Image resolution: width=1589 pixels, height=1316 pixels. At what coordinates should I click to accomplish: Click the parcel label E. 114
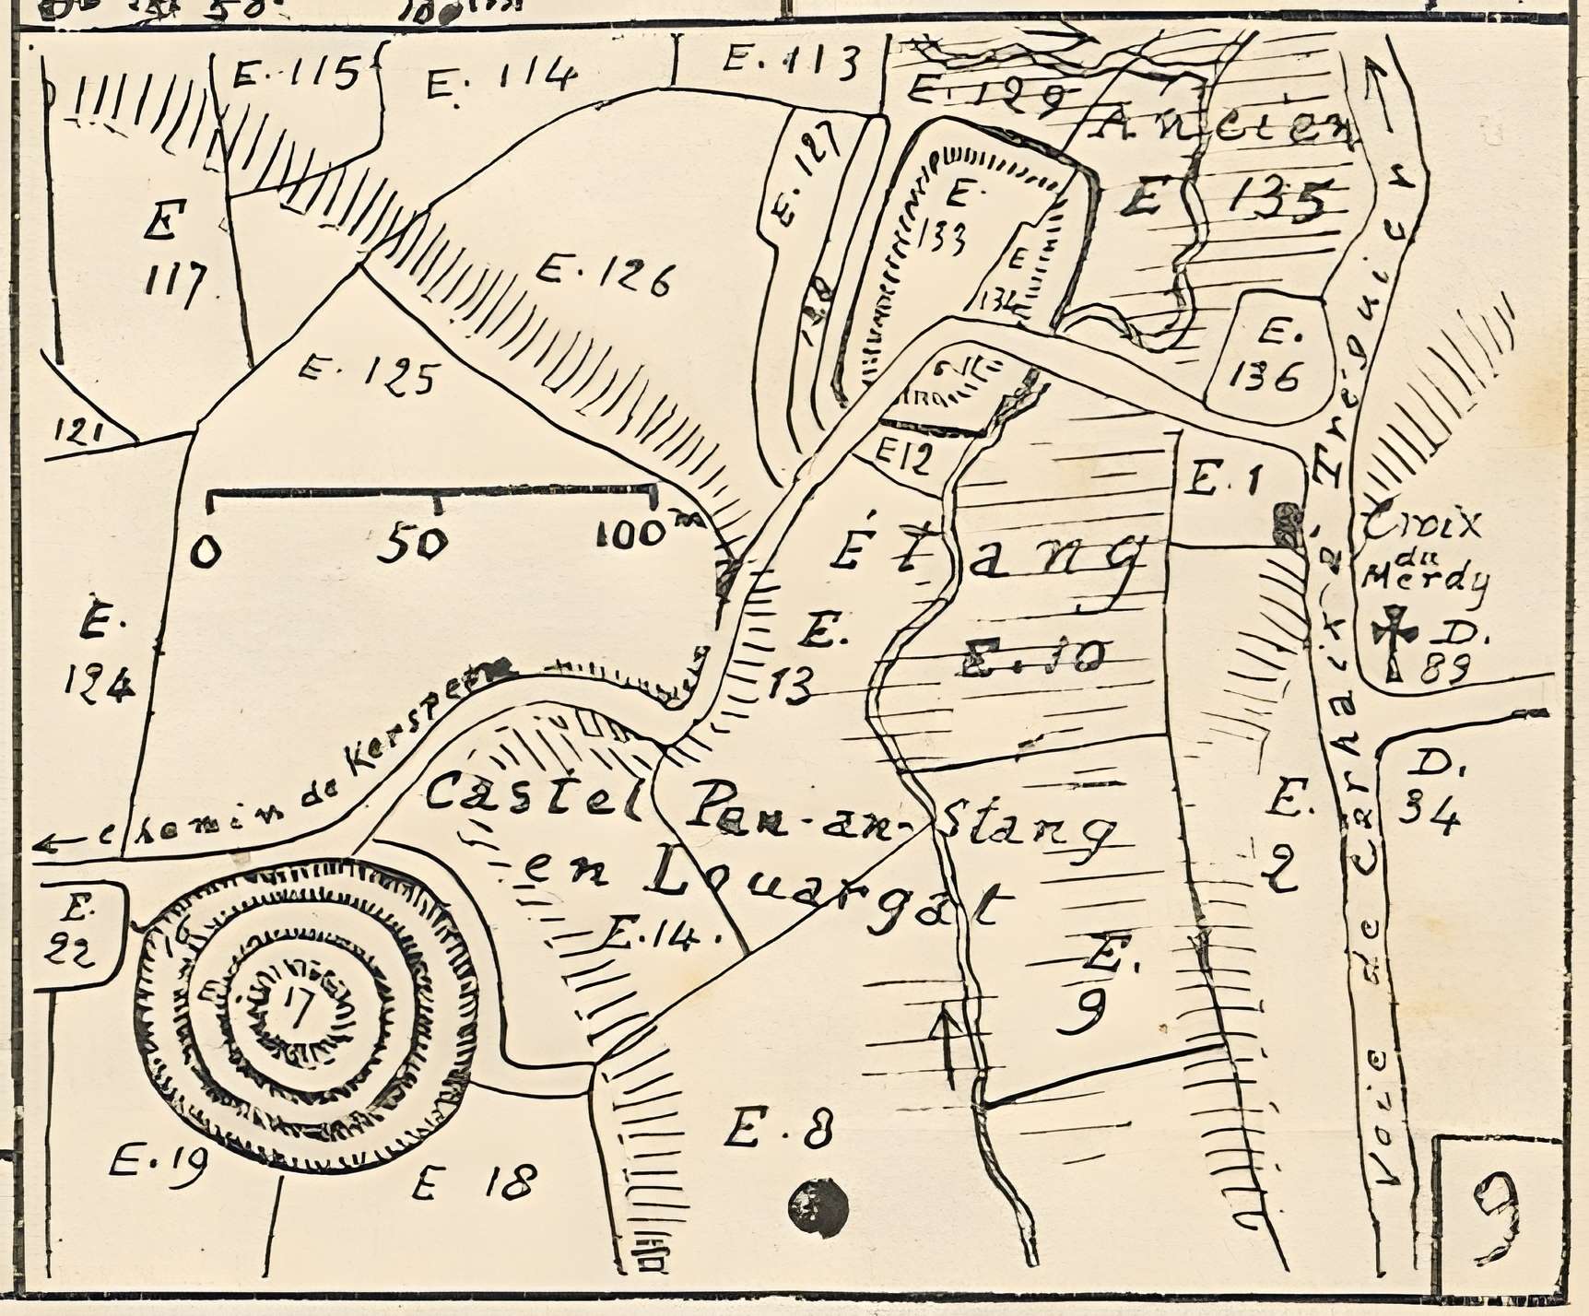pos(502,79)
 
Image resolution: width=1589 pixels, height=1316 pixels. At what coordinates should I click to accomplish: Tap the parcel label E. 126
pos(605,276)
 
